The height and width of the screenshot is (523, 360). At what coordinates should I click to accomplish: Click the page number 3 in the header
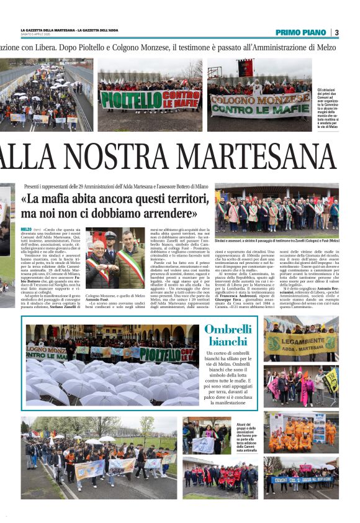(336, 32)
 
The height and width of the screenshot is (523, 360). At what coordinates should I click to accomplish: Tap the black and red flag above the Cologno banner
(246, 68)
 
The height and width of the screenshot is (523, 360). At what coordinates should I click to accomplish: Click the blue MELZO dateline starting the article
(26, 230)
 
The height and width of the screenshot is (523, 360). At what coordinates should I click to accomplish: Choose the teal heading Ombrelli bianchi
(228, 336)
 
